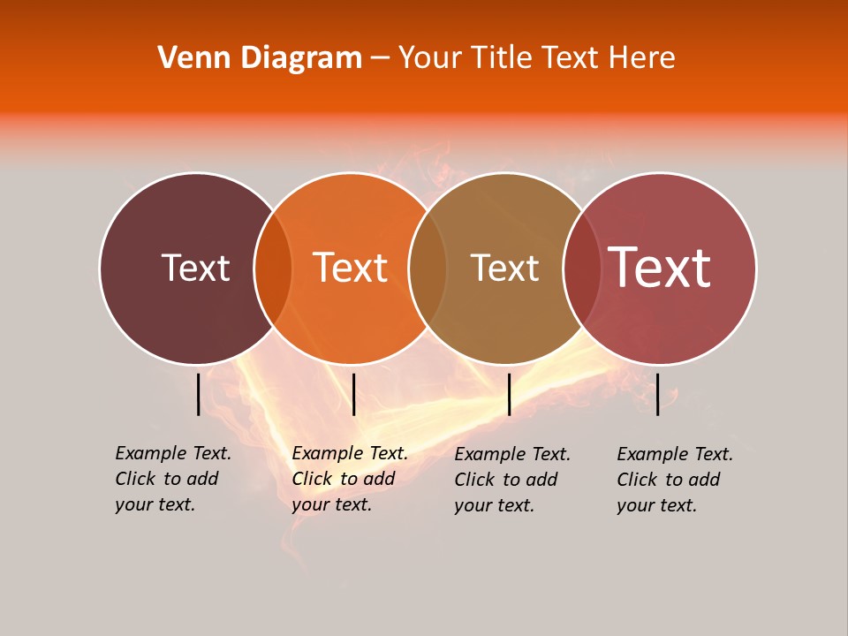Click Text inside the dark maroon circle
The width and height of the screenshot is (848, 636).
(x=195, y=268)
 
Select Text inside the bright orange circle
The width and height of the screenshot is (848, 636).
(x=351, y=268)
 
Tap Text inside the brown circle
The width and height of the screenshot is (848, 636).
(x=504, y=268)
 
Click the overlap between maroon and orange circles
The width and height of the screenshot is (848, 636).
(x=273, y=268)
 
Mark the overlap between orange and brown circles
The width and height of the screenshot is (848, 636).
(x=428, y=268)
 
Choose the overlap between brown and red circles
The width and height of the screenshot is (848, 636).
(x=582, y=268)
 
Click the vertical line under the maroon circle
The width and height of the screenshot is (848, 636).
(x=198, y=394)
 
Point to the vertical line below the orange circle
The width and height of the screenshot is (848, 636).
(x=353, y=394)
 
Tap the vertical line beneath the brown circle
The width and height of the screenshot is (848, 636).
(x=509, y=394)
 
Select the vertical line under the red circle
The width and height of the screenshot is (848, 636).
(x=658, y=394)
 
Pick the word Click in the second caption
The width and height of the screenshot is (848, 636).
(x=313, y=479)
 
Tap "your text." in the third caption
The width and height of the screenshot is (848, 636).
(x=495, y=505)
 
